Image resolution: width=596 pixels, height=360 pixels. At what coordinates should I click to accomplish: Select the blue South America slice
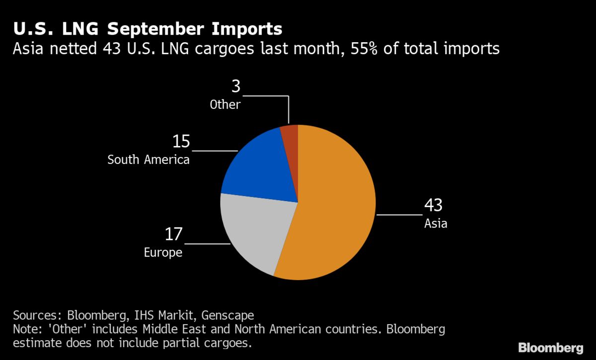tap(258, 164)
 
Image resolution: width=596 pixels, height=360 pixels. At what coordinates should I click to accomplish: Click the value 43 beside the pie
tap(433, 206)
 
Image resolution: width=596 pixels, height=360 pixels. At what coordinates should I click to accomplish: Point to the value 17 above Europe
tap(174, 234)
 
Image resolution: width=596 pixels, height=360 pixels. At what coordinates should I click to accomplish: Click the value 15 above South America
tap(181, 142)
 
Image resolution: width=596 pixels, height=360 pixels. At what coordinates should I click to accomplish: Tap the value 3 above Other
tap(236, 87)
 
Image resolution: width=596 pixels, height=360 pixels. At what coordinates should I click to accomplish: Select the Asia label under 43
tap(436, 223)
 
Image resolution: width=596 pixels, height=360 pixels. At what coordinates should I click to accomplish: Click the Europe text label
tap(163, 253)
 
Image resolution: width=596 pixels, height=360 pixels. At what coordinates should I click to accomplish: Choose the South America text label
tap(149, 160)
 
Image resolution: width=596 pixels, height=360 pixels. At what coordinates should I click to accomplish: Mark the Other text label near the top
tap(225, 105)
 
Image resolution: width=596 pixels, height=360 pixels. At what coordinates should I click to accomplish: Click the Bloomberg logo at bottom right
tap(550, 347)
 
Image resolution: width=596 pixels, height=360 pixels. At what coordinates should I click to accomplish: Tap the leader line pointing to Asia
tap(399, 215)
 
